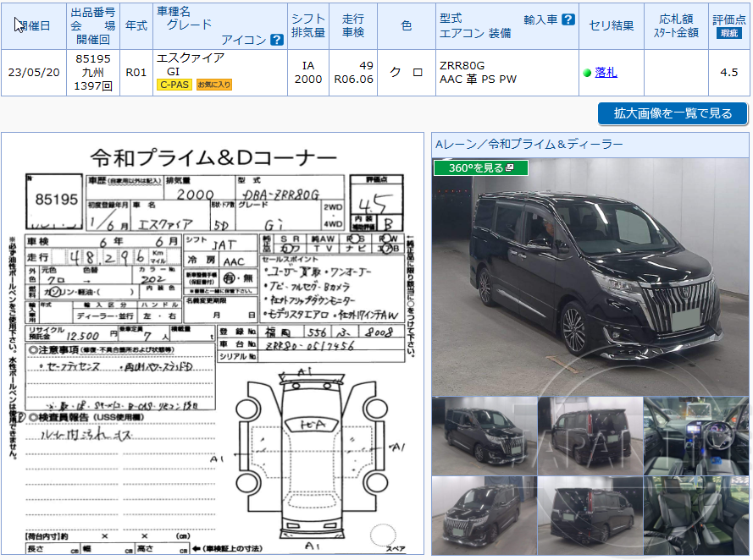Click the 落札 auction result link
tap(606, 73)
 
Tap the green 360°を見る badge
tap(480, 168)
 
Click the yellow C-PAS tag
tap(174, 85)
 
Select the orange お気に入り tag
tap(214, 85)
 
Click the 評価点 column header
tap(728, 25)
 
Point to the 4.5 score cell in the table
tap(728, 73)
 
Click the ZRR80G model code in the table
tap(462, 65)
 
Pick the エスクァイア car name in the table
tap(191, 58)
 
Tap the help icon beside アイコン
tap(276, 40)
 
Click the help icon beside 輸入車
tap(568, 19)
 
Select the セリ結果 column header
tap(611, 25)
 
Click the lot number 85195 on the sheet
tap(57, 200)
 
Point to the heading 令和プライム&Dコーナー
tap(213, 158)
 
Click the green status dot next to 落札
tap(587, 73)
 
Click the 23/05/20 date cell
tap(34, 73)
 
